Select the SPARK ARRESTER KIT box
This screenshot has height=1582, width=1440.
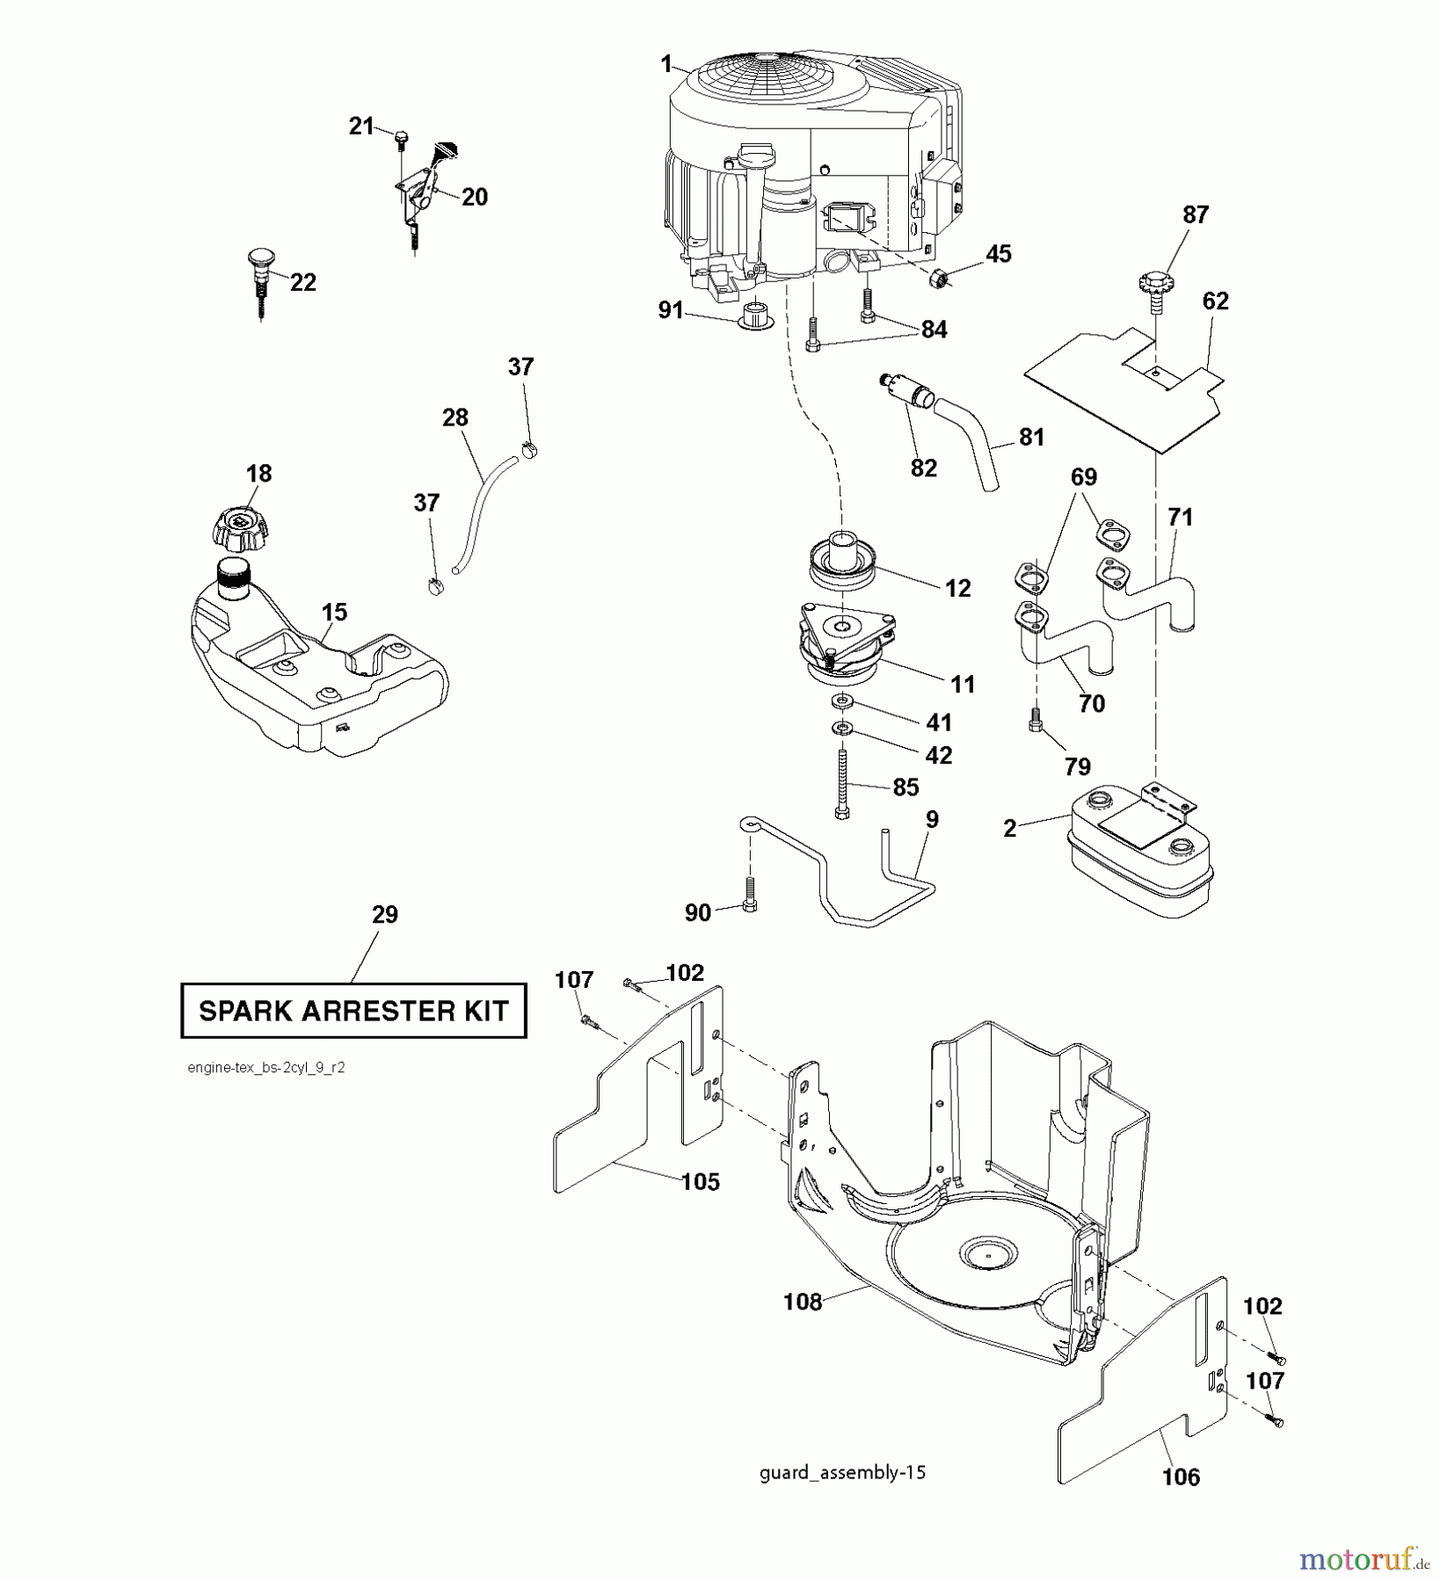[353, 1011]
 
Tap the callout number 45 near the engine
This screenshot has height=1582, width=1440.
[998, 253]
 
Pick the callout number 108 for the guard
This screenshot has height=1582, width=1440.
[802, 1302]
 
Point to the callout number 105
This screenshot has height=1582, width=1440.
[700, 1182]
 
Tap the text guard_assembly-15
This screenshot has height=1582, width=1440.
[842, 1472]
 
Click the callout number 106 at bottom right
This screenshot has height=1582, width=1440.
[1180, 1477]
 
